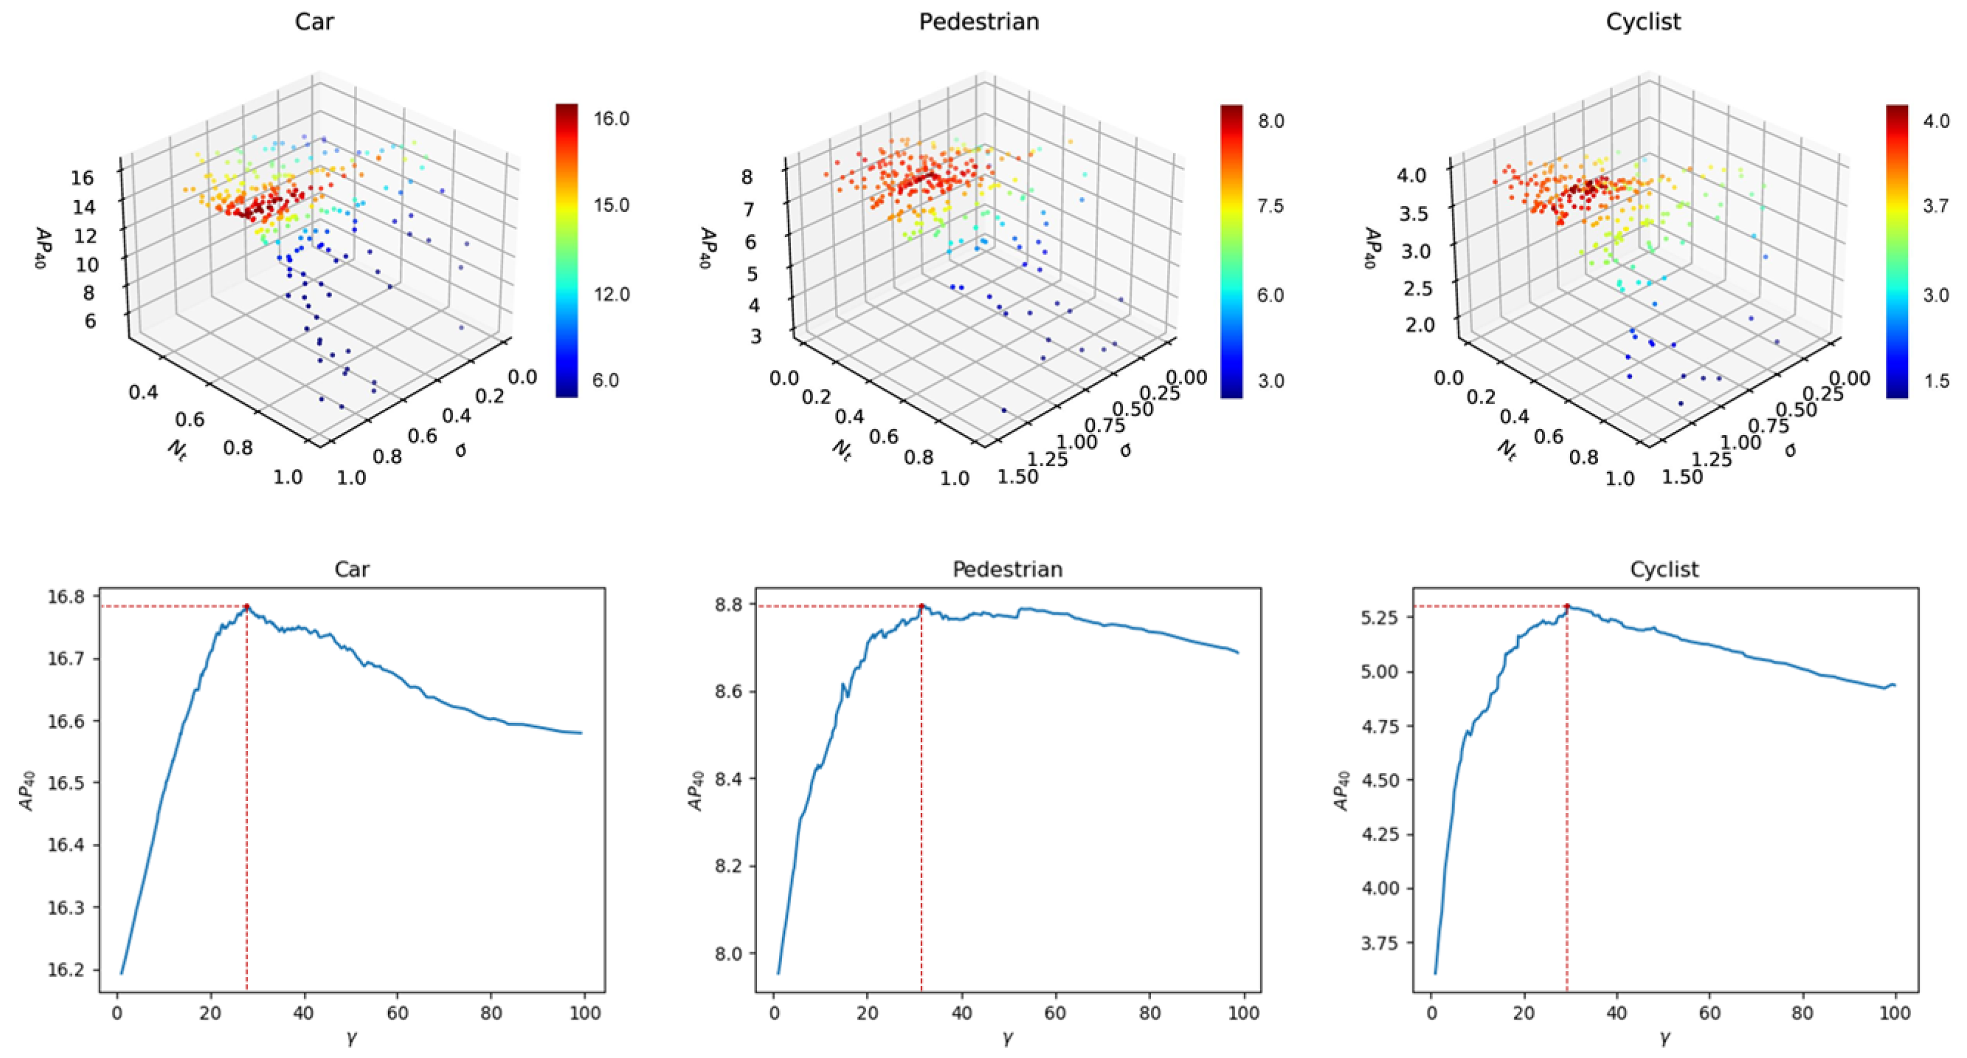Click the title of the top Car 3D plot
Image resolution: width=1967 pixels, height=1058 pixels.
[314, 22]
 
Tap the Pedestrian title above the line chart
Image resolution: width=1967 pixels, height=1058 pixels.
[1007, 569]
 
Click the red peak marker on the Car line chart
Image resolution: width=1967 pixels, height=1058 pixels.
[247, 606]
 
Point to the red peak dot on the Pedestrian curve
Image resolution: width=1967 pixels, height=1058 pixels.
[922, 606]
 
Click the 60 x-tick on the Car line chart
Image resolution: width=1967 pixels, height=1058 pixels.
[397, 1013]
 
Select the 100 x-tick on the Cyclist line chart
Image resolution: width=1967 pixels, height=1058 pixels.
[1894, 1013]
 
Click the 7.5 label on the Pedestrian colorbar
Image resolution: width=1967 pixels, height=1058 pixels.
[1270, 206]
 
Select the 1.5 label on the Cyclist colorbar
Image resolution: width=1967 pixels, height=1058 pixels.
[1937, 381]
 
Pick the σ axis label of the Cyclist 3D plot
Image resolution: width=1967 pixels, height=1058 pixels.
[1790, 450]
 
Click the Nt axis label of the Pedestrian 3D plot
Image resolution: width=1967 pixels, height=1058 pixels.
[841, 449]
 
